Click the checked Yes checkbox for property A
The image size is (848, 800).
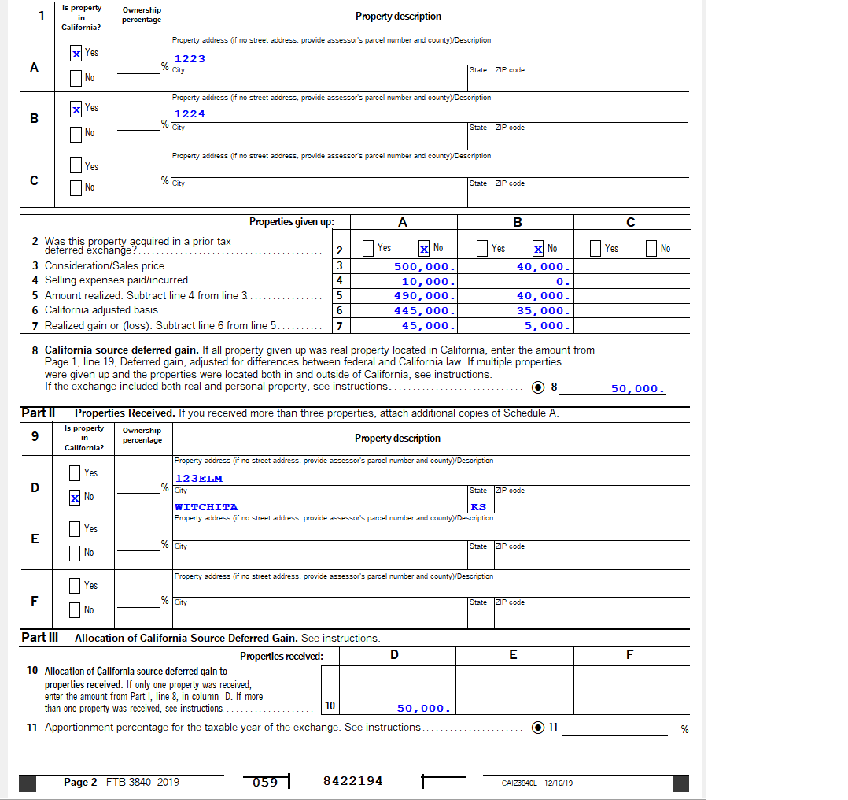tap(76, 54)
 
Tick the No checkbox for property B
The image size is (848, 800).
tap(76, 134)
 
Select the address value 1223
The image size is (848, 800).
tap(190, 59)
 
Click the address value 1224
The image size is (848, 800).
tap(190, 114)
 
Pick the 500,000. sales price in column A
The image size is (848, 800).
tap(424, 267)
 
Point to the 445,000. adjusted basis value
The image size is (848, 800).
tap(424, 311)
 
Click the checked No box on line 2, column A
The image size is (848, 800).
tap(424, 249)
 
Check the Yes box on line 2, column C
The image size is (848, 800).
tap(597, 249)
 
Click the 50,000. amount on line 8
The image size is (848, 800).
tap(637, 389)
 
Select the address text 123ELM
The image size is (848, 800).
tap(198, 479)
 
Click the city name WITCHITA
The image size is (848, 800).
tap(206, 507)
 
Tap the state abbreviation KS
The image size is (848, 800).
tap(478, 507)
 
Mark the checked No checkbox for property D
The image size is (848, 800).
tap(75, 497)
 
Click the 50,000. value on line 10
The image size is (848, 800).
tap(423, 709)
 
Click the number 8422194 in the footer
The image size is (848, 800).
tap(352, 781)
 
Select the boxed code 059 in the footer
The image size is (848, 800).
tap(265, 782)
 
